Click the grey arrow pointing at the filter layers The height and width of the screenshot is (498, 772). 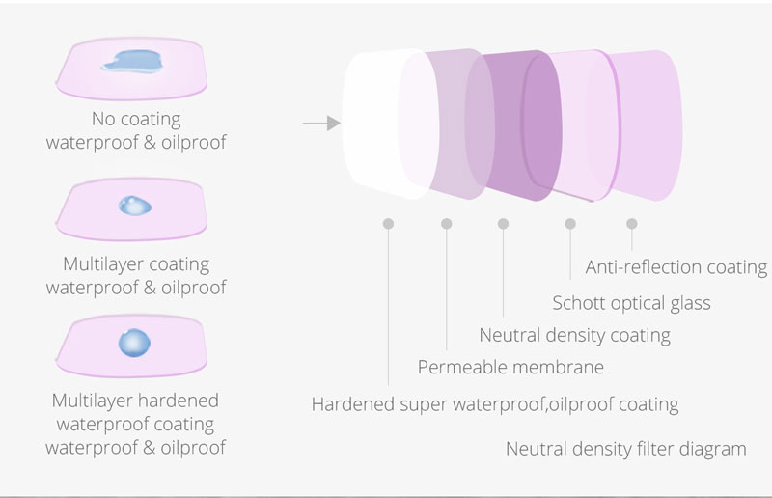point(321,123)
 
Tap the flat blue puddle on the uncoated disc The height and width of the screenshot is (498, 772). point(132,61)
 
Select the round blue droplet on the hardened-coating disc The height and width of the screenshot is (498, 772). point(134,343)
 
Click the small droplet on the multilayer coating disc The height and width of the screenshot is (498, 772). point(135,206)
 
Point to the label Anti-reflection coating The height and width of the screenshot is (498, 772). point(676,267)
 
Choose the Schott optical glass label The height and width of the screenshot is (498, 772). point(632,303)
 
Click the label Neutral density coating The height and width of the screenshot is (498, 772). point(574,336)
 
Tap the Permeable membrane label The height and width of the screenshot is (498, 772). point(510,367)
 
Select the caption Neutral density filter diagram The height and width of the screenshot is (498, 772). point(625,449)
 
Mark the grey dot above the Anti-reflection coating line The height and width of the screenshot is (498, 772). point(632,224)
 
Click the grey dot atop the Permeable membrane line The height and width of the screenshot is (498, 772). point(447,224)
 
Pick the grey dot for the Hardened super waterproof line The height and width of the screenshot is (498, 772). point(389,224)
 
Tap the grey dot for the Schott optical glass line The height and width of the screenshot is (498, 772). point(570,224)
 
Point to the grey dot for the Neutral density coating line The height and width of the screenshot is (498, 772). point(503,224)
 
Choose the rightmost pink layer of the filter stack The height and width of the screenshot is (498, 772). point(649,125)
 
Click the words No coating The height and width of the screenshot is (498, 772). point(136,119)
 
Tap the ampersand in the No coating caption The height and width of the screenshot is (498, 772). point(150,143)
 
